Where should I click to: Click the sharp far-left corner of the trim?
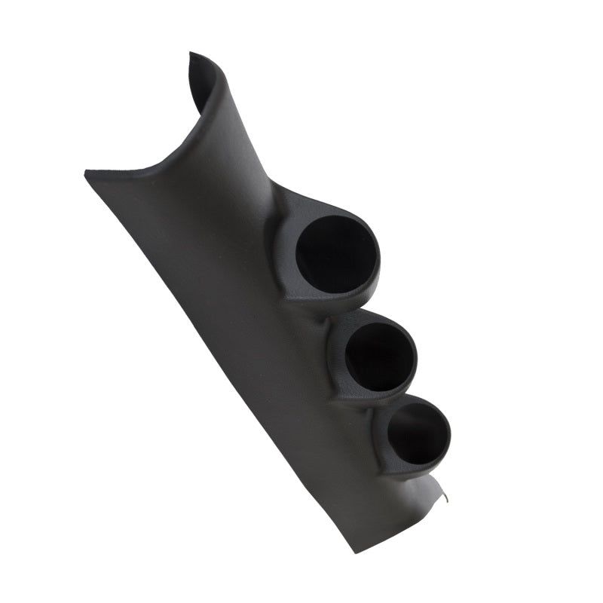86,173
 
